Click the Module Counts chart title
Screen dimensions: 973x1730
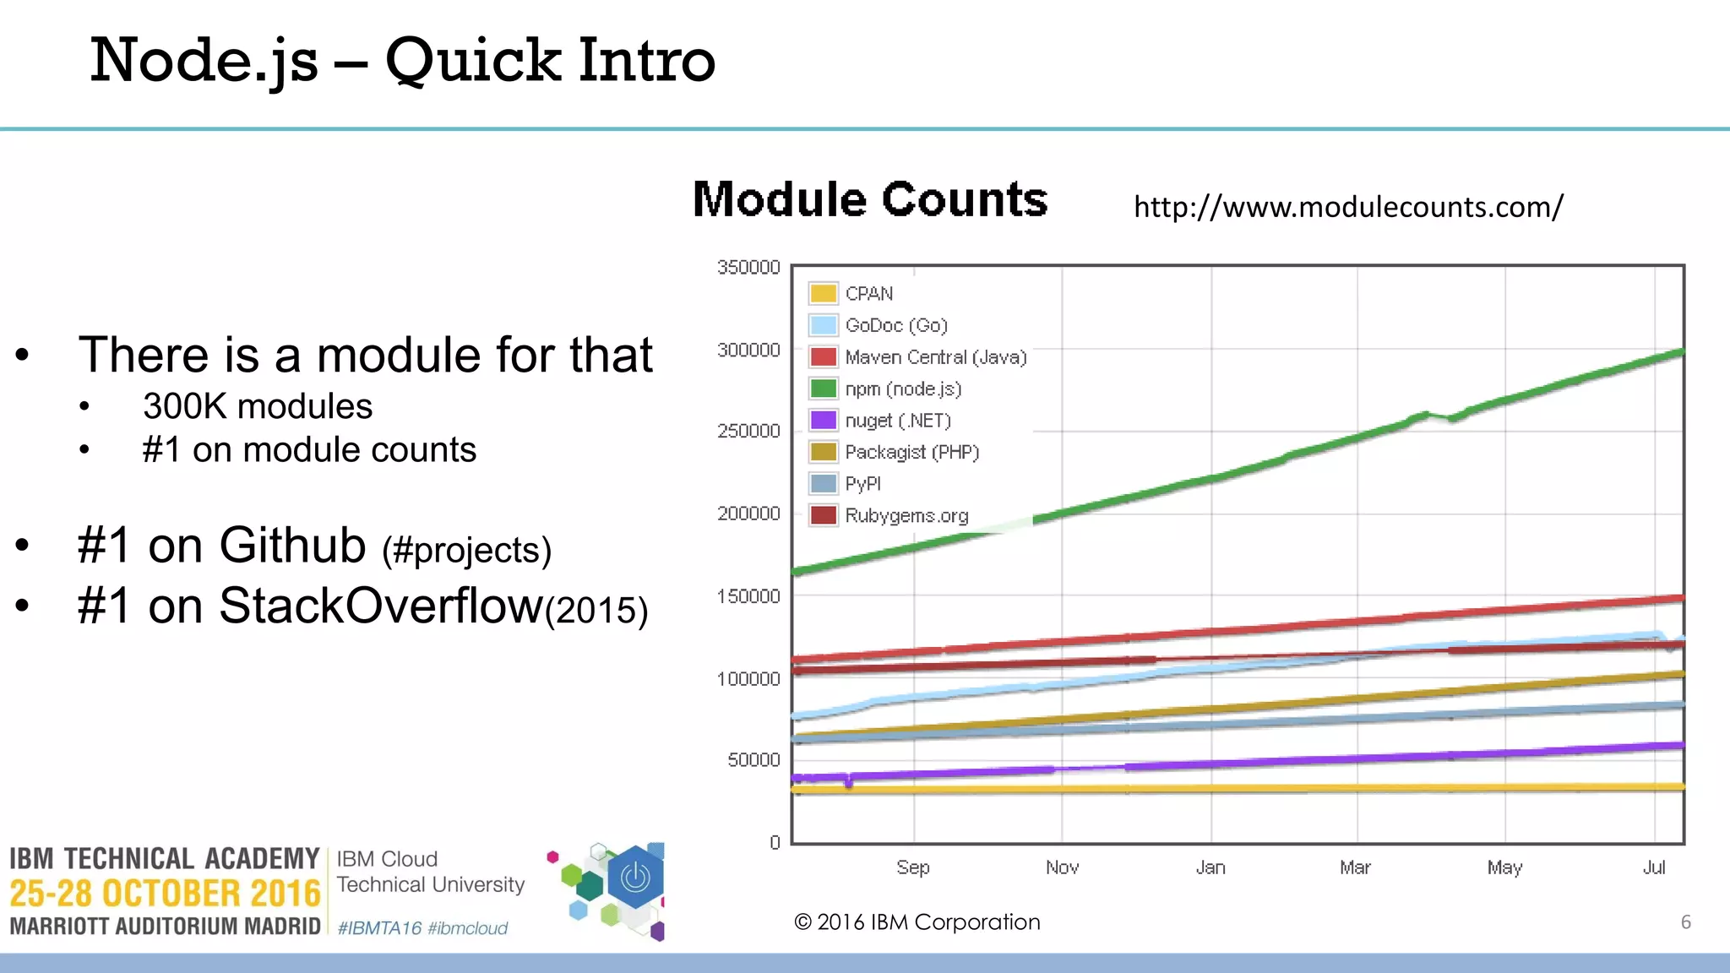pos(870,200)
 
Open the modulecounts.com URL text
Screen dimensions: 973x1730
pos(1348,207)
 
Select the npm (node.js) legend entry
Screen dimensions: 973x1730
pos(902,389)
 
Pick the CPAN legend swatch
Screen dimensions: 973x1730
pos(823,294)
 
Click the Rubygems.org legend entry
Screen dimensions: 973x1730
pos(906,516)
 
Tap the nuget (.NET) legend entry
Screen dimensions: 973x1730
pos(897,421)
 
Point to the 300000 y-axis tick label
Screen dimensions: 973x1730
pos(748,350)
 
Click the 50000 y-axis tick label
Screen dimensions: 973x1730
pos(753,760)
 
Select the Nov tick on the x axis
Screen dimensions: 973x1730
pos(1062,867)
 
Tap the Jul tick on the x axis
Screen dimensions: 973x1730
pos(1654,867)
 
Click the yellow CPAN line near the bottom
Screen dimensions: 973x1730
pos(1267,788)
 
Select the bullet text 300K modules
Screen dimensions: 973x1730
pos(257,407)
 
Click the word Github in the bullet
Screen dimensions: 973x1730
pos(292,545)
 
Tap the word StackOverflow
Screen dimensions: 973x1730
pos(380,606)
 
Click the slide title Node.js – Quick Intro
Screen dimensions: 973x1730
pos(402,61)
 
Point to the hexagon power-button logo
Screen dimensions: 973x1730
pos(635,878)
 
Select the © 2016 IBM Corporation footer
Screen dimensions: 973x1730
pos(917,922)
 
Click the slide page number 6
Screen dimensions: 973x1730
pos(1685,922)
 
